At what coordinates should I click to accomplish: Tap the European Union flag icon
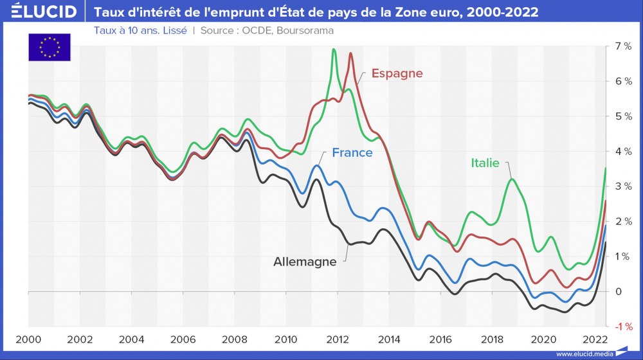(x=50, y=47)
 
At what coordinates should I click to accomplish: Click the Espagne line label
(x=397, y=73)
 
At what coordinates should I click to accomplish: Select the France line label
(x=352, y=153)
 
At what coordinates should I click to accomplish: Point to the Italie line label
(x=485, y=163)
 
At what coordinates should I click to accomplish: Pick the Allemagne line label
(x=305, y=262)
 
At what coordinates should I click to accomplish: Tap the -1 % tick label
(x=622, y=327)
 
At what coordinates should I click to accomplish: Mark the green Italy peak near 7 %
(x=334, y=50)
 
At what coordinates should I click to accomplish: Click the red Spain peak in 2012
(x=350, y=53)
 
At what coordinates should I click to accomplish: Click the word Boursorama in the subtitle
(x=305, y=31)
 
